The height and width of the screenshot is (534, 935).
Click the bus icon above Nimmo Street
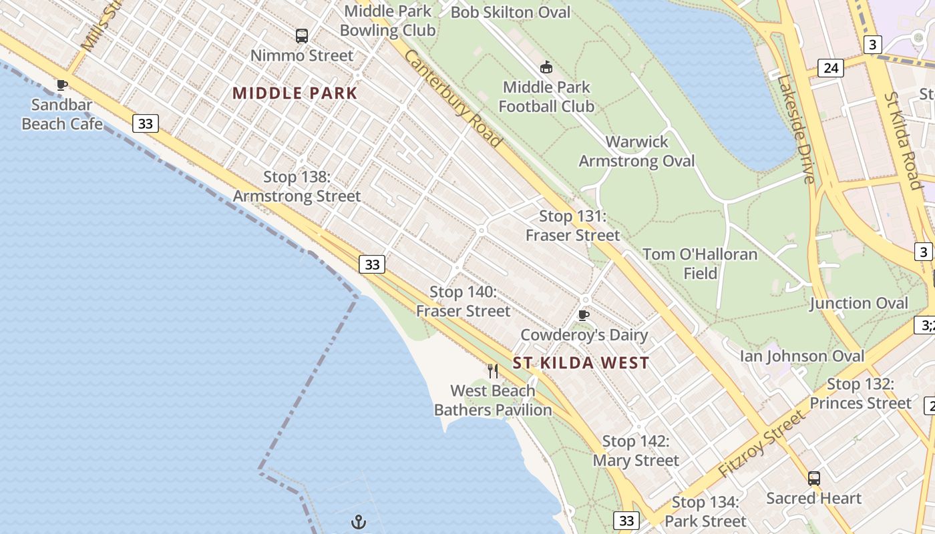click(302, 36)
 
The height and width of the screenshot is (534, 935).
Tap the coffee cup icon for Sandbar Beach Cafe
click(62, 85)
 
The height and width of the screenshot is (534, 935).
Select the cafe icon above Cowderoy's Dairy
click(584, 315)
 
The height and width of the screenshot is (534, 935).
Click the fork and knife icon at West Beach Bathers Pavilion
click(493, 371)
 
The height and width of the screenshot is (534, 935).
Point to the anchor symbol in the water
click(359, 522)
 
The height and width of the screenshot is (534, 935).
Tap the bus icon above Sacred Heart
click(813, 478)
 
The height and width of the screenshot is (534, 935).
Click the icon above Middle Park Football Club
click(546, 67)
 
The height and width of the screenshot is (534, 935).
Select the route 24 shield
click(831, 67)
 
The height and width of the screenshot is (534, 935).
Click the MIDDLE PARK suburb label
click(295, 93)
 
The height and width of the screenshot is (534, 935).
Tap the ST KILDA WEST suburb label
click(581, 363)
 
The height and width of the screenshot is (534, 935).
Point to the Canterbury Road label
click(452, 98)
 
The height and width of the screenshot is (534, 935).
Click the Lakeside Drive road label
click(795, 129)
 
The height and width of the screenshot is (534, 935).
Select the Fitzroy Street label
click(763, 443)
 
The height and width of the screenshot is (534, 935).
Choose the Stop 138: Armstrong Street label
click(297, 186)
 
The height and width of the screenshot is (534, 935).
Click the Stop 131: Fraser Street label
click(573, 226)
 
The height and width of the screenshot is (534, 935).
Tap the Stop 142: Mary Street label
click(636, 451)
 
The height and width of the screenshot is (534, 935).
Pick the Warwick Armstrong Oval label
click(636, 152)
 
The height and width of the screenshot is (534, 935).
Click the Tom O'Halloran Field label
click(700, 264)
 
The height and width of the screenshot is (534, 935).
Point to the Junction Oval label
click(859, 303)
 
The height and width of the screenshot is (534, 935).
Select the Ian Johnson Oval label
click(801, 356)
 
